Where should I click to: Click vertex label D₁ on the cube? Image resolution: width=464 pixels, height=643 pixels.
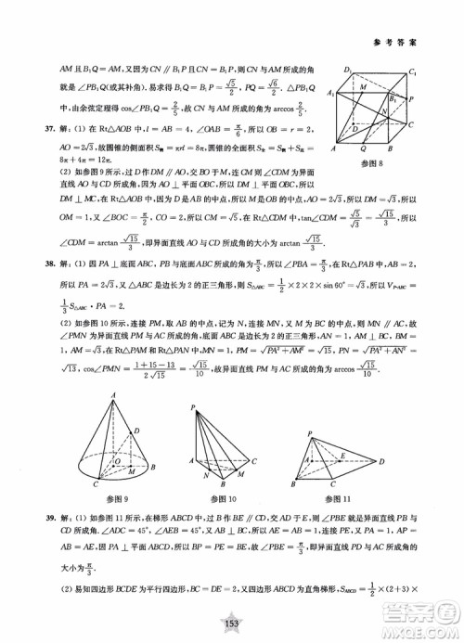[348, 71]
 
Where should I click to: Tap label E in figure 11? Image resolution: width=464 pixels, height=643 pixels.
[341, 455]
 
